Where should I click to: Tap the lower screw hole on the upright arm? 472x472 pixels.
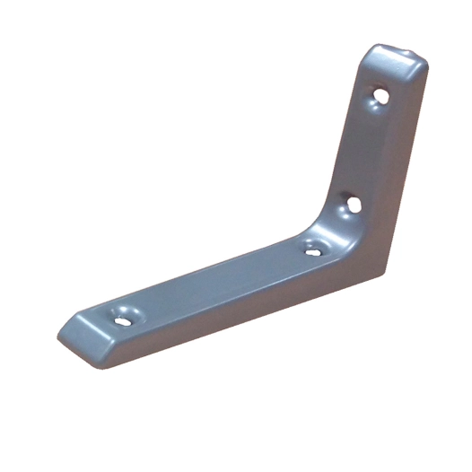point(353,204)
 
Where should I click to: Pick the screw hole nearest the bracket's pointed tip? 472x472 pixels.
point(119,315)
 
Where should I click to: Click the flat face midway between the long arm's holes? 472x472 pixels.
point(215,283)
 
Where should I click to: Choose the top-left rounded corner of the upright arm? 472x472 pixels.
point(372,52)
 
